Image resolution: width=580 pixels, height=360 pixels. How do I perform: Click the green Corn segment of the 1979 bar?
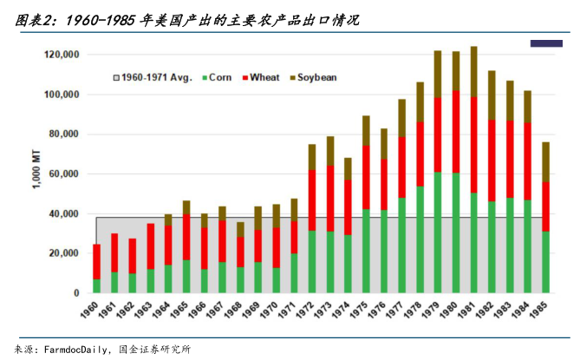click(x=438, y=232)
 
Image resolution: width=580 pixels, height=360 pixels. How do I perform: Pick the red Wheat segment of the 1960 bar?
click(x=97, y=261)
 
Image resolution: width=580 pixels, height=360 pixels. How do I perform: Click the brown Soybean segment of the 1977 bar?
click(x=401, y=118)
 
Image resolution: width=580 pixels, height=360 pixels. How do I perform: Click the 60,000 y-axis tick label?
click(x=64, y=174)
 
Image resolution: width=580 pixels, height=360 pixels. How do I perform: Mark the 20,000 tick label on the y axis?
click(x=64, y=253)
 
